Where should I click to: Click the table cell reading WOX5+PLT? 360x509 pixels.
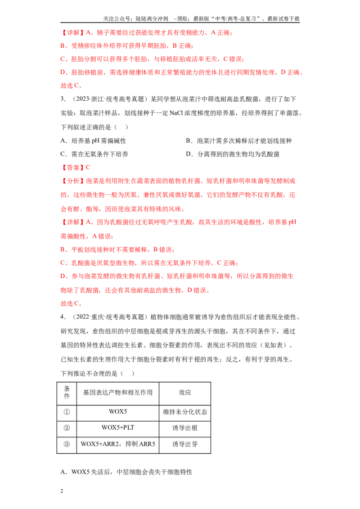tap(117, 428)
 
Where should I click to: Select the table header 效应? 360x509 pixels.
tap(185, 393)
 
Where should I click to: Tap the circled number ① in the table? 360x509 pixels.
tap(67, 412)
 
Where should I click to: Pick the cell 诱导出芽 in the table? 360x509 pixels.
tap(185, 444)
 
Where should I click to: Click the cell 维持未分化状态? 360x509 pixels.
tap(185, 412)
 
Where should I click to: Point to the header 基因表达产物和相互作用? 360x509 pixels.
tap(117, 393)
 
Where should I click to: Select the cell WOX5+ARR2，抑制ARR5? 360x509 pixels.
tap(117, 444)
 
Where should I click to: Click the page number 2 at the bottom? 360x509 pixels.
tap(62, 491)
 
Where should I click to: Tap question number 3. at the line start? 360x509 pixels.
tap(63, 99)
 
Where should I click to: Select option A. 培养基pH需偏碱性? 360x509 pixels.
tap(93, 141)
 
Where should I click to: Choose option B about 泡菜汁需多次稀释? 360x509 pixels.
tap(239, 141)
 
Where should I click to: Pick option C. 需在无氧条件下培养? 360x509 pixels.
tap(94, 154)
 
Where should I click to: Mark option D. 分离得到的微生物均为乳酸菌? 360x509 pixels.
tap(233, 154)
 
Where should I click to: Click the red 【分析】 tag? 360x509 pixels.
tap(73, 181)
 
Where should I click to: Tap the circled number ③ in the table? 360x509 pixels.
tap(67, 444)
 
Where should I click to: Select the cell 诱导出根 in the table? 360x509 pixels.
tap(185, 428)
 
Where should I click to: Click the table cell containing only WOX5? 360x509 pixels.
tap(117, 411)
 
